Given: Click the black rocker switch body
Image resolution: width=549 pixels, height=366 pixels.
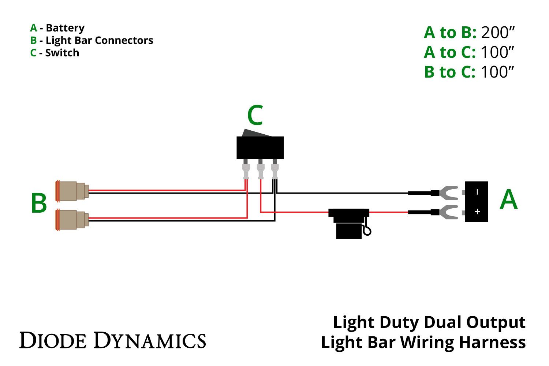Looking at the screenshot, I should [260, 147].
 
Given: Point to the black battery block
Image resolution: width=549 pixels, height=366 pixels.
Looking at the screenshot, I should [476, 202].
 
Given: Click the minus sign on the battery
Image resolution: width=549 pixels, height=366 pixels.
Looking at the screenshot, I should [477, 192].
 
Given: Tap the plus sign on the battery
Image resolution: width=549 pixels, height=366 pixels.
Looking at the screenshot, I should [477, 212].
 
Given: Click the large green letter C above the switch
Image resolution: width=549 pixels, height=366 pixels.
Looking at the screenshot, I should [255, 116].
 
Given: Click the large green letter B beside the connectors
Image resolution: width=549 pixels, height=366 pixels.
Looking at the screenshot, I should [39, 203].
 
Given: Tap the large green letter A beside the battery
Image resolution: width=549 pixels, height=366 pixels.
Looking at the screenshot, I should [509, 200].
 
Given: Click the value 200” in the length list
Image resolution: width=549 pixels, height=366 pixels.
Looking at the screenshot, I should [498, 33].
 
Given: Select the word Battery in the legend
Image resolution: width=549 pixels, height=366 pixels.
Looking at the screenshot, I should [65, 28].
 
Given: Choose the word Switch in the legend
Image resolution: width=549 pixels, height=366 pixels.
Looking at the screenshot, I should [62, 53].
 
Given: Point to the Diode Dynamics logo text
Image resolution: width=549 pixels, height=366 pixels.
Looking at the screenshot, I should [112, 340].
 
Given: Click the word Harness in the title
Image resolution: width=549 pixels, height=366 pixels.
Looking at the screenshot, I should [492, 343].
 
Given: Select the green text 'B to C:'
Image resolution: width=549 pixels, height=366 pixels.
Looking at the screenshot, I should [449, 72].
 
